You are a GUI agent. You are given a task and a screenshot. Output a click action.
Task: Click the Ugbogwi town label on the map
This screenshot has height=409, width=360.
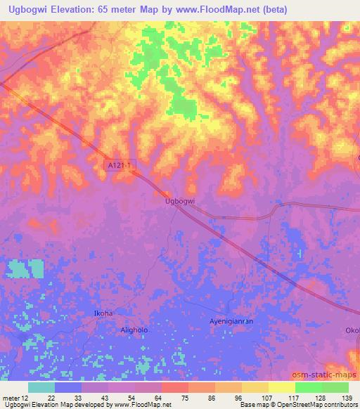coord(179,200)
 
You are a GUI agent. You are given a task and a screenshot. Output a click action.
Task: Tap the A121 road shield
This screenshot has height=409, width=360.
coord(120,164)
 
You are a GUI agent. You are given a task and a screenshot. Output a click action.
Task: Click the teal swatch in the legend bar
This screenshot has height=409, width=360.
coord(41,387)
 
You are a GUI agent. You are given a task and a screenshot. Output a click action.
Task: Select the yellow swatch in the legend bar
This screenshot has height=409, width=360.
coord(282,387)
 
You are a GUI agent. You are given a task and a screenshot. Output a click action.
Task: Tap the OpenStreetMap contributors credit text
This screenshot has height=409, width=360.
coord(316,405)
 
